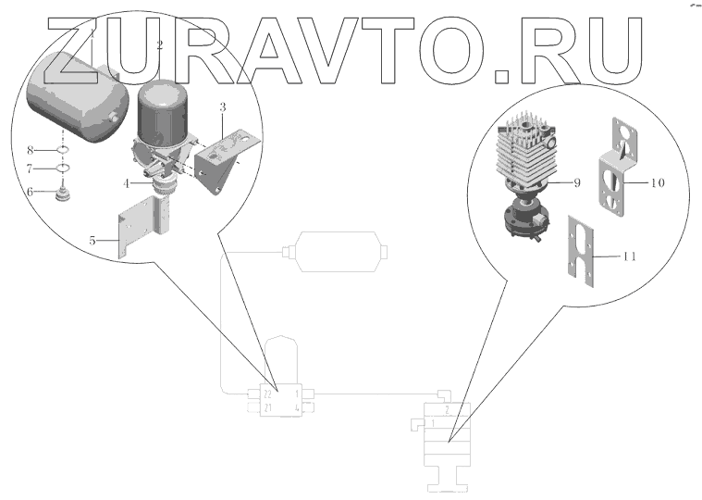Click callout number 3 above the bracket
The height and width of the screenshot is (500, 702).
pyautogui.click(x=222, y=108)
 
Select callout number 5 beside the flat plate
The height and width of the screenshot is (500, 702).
pyautogui.click(x=92, y=241)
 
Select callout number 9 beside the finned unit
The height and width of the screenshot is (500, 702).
pyautogui.click(x=575, y=182)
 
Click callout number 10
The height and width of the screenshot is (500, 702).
pyautogui.click(x=657, y=183)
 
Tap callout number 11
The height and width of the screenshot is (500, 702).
pyautogui.click(x=628, y=257)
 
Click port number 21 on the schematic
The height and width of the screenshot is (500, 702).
pyautogui.click(x=267, y=407)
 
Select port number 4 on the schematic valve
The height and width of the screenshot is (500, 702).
pyautogui.click(x=295, y=407)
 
